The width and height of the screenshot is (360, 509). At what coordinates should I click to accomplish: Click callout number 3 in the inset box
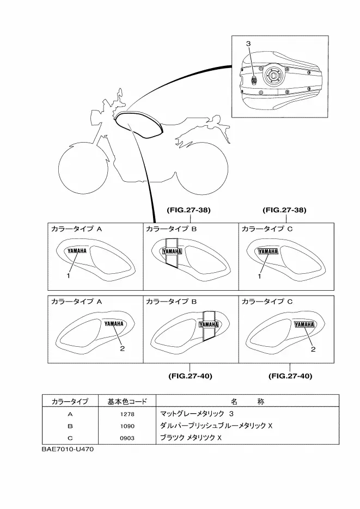click(x=248, y=43)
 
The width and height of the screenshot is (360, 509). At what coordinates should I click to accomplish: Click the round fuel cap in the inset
click(x=272, y=77)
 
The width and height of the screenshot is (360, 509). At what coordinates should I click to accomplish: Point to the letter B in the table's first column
click(x=70, y=426)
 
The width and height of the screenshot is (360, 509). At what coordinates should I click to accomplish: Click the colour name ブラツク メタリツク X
click(x=191, y=437)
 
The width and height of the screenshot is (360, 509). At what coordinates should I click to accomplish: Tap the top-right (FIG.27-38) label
click(x=284, y=210)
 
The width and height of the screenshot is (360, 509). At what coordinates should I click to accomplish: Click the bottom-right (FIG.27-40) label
click(x=291, y=376)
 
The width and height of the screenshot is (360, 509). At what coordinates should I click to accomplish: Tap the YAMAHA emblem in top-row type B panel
click(x=172, y=252)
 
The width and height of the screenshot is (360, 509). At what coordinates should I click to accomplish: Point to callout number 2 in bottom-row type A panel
click(x=123, y=348)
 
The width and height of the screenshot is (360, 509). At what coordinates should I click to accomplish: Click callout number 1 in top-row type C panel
click(x=260, y=276)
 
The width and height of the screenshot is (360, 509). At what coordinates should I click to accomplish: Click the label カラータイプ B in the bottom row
click(x=167, y=301)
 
